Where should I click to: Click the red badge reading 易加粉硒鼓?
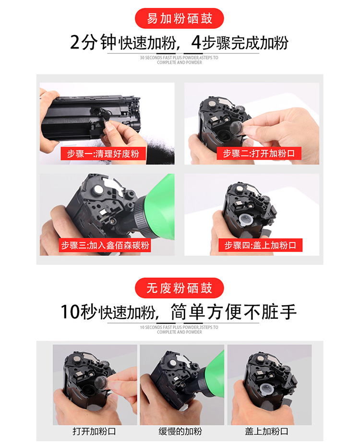[180, 18]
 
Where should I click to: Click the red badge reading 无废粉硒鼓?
[180, 288]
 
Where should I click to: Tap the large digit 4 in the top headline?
[196, 42]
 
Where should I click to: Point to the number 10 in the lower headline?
[71, 312]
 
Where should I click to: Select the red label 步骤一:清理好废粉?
[103, 154]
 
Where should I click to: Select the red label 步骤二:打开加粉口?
[259, 153]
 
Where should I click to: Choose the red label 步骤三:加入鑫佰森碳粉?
[105, 245]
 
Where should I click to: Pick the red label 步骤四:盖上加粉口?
[260, 245]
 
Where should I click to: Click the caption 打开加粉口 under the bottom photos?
[95, 431]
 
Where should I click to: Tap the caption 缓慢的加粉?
[180, 431]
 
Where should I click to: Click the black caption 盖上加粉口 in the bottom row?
[266, 431]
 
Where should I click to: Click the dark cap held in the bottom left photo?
[101, 383]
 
